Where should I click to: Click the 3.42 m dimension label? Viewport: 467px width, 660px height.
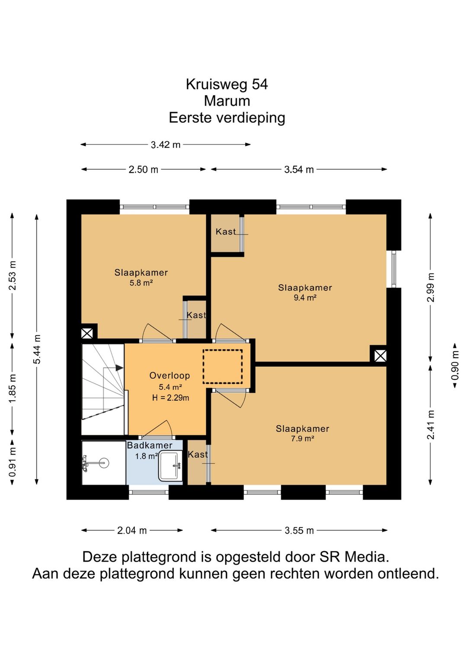[x=165, y=144]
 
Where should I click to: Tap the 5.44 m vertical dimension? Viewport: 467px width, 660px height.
[x=37, y=349]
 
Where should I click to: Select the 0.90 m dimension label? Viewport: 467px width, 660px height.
[x=455, y=365]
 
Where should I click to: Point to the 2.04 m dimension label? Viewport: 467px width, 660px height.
[x=132, y=531]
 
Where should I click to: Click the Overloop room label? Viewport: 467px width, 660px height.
[x=170, y=375]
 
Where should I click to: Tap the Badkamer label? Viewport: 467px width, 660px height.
[x=150, y=445]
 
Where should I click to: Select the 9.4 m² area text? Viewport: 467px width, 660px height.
[x=305, y=298]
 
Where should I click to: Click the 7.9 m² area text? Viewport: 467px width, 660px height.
[x=303, y=439]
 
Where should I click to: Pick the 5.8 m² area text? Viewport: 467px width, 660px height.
[x=141, y=283]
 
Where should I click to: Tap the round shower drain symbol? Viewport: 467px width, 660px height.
[x=104, y=463]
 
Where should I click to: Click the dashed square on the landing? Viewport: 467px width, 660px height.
[x=222, y=367]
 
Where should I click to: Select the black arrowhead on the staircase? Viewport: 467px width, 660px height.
[x=119, y=368]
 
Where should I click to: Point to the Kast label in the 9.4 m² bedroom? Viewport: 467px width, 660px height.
[x=226, y=231]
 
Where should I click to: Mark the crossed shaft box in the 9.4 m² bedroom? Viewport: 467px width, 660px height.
[x=380, y=356]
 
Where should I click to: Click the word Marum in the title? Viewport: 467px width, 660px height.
[x=227, y=101]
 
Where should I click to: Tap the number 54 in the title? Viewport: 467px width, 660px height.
[x=259, y=84]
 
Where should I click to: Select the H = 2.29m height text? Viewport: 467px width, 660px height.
[x=171, y=398]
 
